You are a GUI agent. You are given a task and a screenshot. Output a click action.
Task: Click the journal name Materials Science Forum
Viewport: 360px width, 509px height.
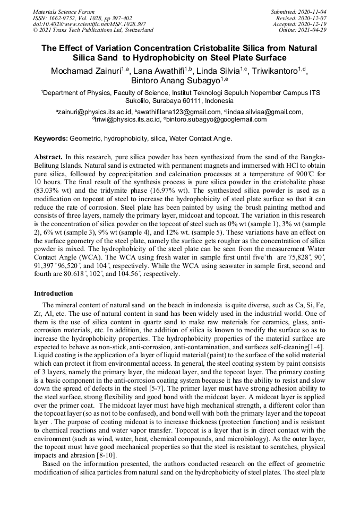64,11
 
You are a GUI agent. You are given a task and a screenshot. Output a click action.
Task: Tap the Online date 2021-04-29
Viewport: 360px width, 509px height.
310,30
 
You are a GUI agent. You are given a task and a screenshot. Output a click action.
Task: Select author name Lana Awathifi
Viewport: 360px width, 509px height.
159,72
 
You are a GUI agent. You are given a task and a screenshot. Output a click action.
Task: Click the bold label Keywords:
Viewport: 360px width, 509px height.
51,139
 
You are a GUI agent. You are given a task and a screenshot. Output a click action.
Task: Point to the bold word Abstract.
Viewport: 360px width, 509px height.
48,158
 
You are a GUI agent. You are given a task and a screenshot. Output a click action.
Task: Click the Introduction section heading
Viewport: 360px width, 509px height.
53,294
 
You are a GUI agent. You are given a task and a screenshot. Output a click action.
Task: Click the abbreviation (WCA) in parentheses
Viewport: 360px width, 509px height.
109,255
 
